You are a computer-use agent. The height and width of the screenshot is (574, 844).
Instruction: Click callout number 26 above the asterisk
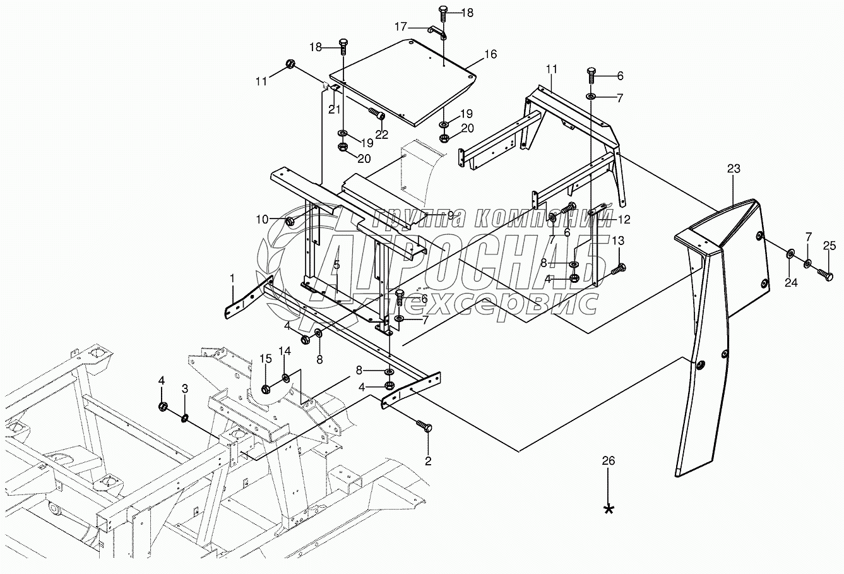tap(608, 461)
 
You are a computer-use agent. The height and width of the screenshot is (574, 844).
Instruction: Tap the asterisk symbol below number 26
tap(609, 509)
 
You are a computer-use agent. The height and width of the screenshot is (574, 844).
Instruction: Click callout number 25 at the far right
tap(829, 245)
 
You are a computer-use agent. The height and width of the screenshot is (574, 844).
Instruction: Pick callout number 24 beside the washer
tap(791, 283)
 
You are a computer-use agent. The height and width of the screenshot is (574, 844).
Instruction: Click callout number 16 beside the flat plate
tap(490, 54)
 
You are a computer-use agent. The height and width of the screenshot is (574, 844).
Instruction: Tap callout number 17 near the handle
tap(401, 27)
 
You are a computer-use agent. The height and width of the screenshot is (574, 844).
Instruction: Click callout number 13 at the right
tap(618, 241)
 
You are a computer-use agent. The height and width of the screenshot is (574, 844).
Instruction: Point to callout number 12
tap(624, 219)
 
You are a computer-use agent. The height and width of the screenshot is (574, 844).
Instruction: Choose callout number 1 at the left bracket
tap(232, 278)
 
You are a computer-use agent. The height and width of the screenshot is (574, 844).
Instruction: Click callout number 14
tap(285, 350)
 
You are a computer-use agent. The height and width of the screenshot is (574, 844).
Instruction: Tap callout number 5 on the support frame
tap(336, 265)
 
